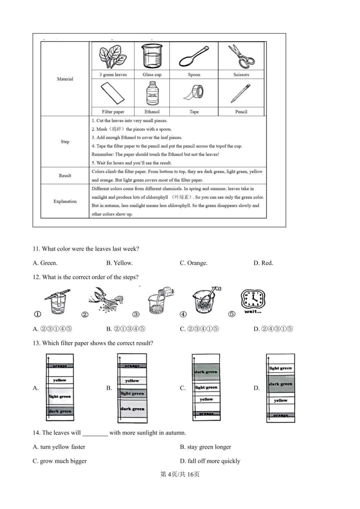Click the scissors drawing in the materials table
[241, 56]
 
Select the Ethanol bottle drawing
[152, 94]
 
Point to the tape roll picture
[194, 92]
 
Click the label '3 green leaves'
[113, 75]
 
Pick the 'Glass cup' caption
[152, 75]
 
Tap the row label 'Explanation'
[65, 201]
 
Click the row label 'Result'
[65, 176]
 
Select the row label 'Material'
[65, 79]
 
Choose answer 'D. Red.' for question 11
[263, 263]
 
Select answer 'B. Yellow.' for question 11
[119, 263]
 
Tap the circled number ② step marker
[85, 314]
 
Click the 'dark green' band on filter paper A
[60, 411]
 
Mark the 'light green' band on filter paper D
[281, 368]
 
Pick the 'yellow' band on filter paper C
[206, 399]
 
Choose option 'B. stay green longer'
[205, 447]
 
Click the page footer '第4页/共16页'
[180, 474]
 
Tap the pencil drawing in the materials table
[241, 93]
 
